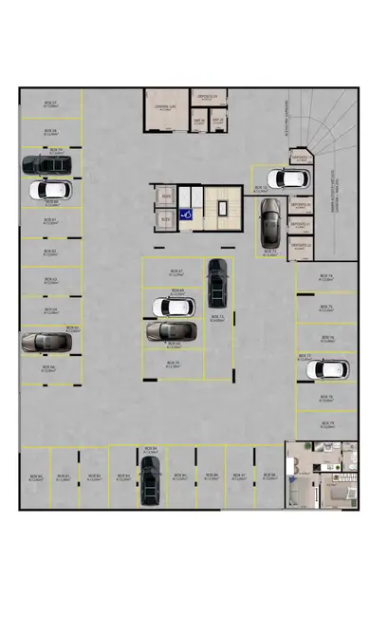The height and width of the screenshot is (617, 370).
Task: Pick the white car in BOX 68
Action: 174,308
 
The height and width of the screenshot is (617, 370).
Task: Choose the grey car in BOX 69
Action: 171,330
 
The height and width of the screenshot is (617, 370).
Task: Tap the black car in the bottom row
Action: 150,478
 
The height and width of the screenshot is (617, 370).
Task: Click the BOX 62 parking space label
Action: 49,252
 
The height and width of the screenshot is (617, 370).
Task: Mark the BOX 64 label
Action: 49,310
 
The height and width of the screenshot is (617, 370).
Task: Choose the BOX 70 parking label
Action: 173,364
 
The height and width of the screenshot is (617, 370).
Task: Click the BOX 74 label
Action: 325,277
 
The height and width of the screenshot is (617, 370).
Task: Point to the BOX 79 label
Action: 327,422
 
